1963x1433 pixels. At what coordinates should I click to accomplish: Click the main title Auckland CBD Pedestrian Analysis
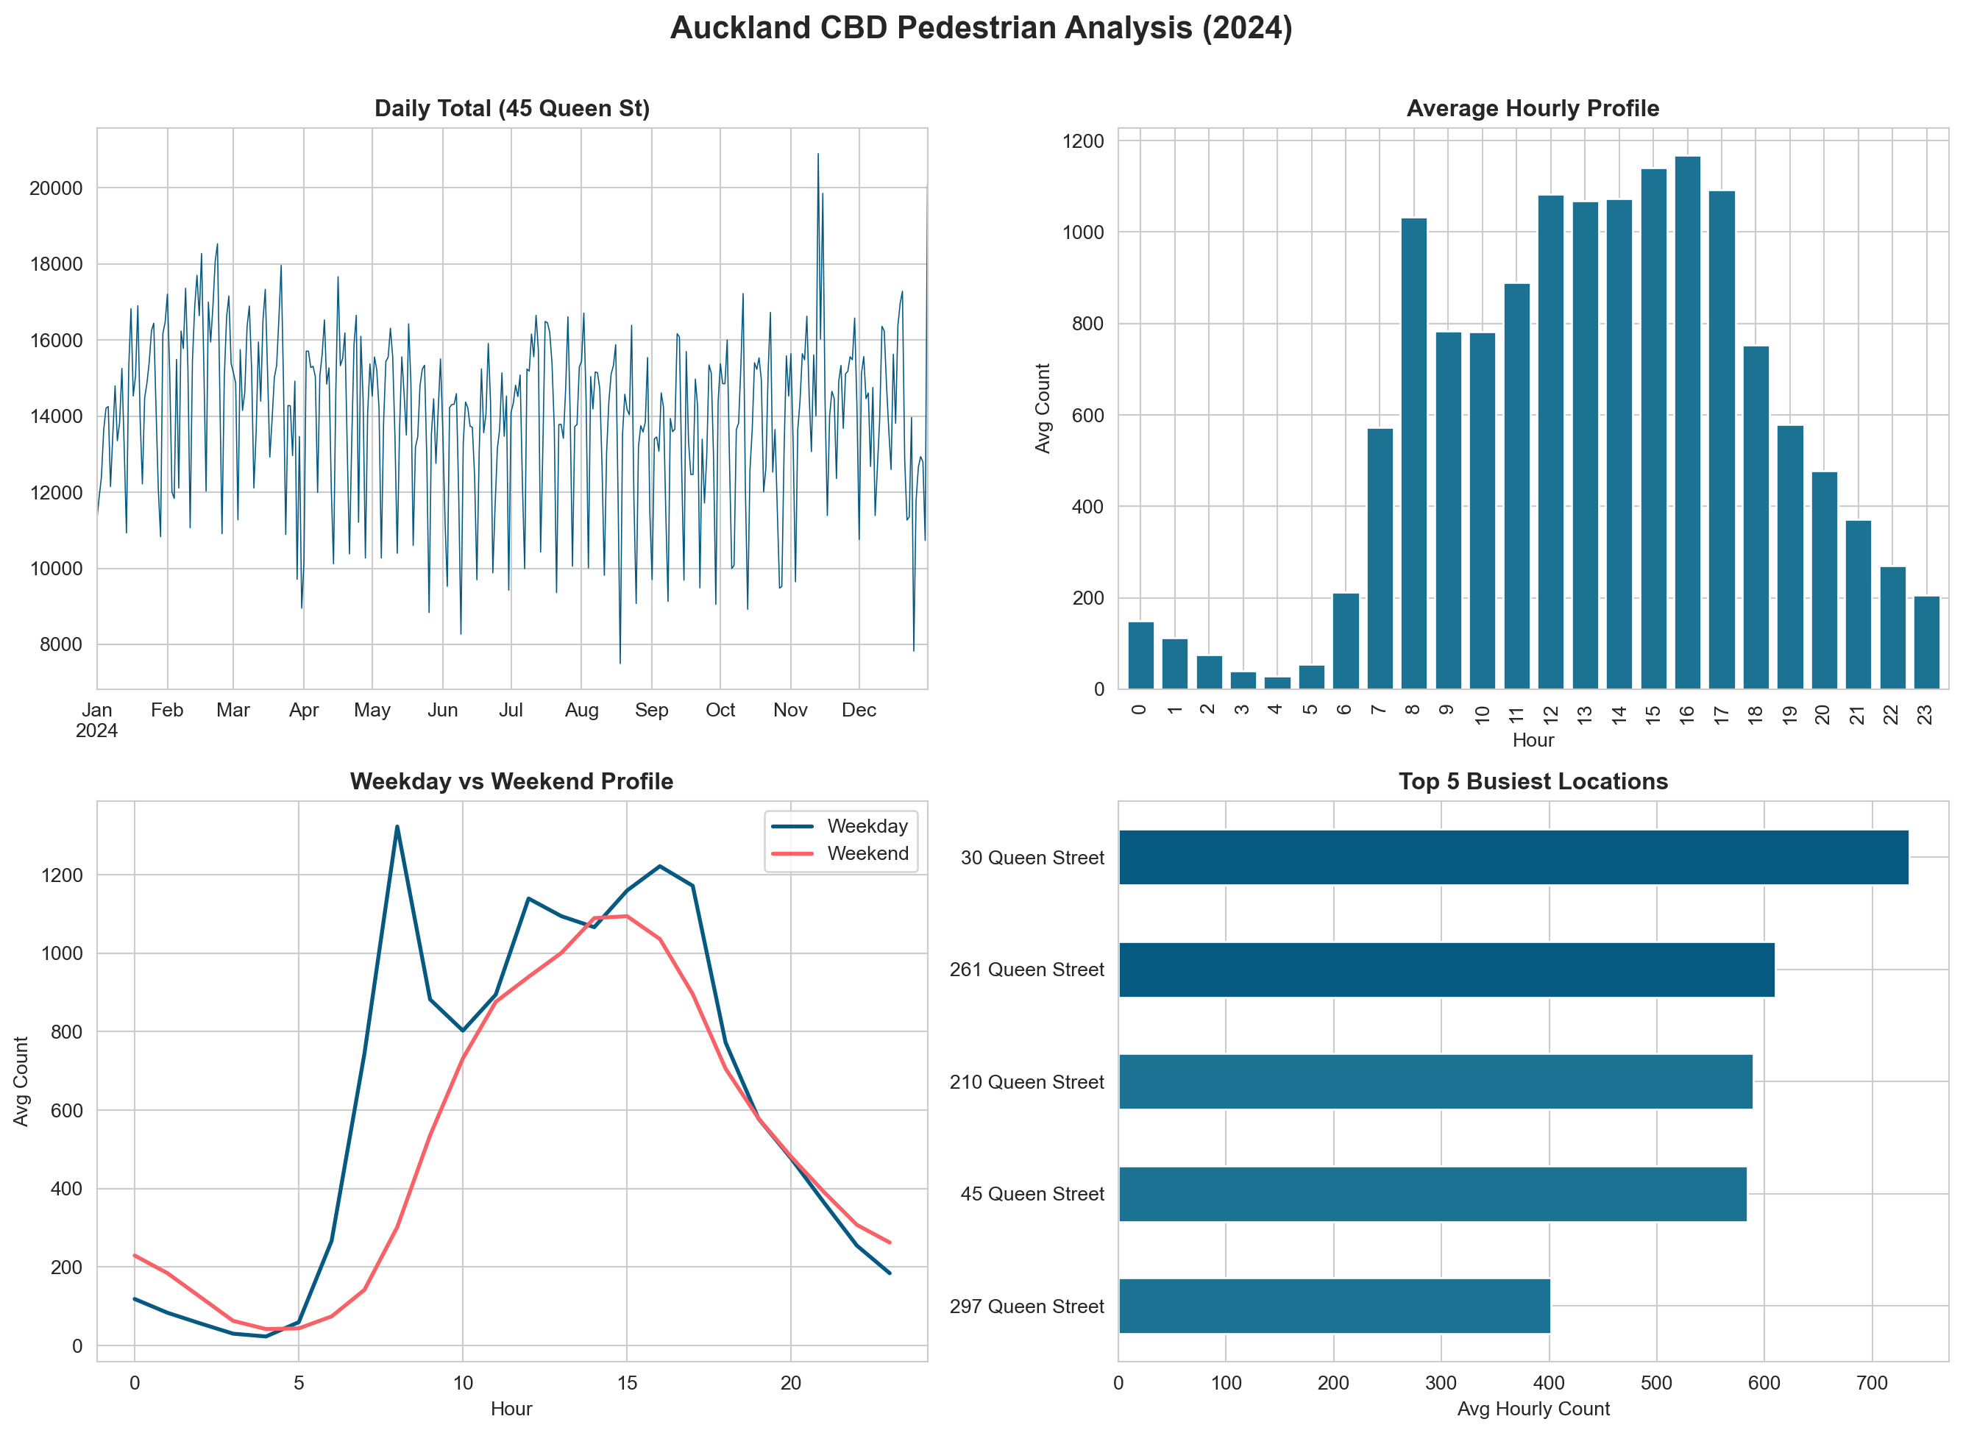[x=980, y=29]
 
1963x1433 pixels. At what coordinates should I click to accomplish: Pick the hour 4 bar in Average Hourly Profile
[x=1277, y=683]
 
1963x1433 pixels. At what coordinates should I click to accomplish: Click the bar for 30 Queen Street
[x=1513, y=857]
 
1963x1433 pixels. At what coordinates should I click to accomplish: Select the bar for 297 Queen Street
[x=1333, y=1306]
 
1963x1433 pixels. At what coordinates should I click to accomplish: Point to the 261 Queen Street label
[x=1026, y=970]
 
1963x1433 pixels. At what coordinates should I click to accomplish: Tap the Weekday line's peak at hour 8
[x=397, y=827]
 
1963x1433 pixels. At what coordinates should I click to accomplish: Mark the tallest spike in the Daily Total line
[x=817, y=155]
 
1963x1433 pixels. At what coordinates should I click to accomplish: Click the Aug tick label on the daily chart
[x=581, y=711]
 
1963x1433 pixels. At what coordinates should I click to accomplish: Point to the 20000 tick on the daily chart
[x=55, y=188]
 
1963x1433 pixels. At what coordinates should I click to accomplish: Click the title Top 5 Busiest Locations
[x=1532, y=781]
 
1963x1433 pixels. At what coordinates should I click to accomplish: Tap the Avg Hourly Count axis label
[x=1532, y=1409]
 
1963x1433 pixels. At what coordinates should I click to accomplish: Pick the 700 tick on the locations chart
[x=1871, y=1383]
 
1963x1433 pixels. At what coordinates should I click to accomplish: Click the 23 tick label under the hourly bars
[x=1925, y=714]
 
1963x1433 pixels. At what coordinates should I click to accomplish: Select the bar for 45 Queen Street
[x=1431, y=1194]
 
